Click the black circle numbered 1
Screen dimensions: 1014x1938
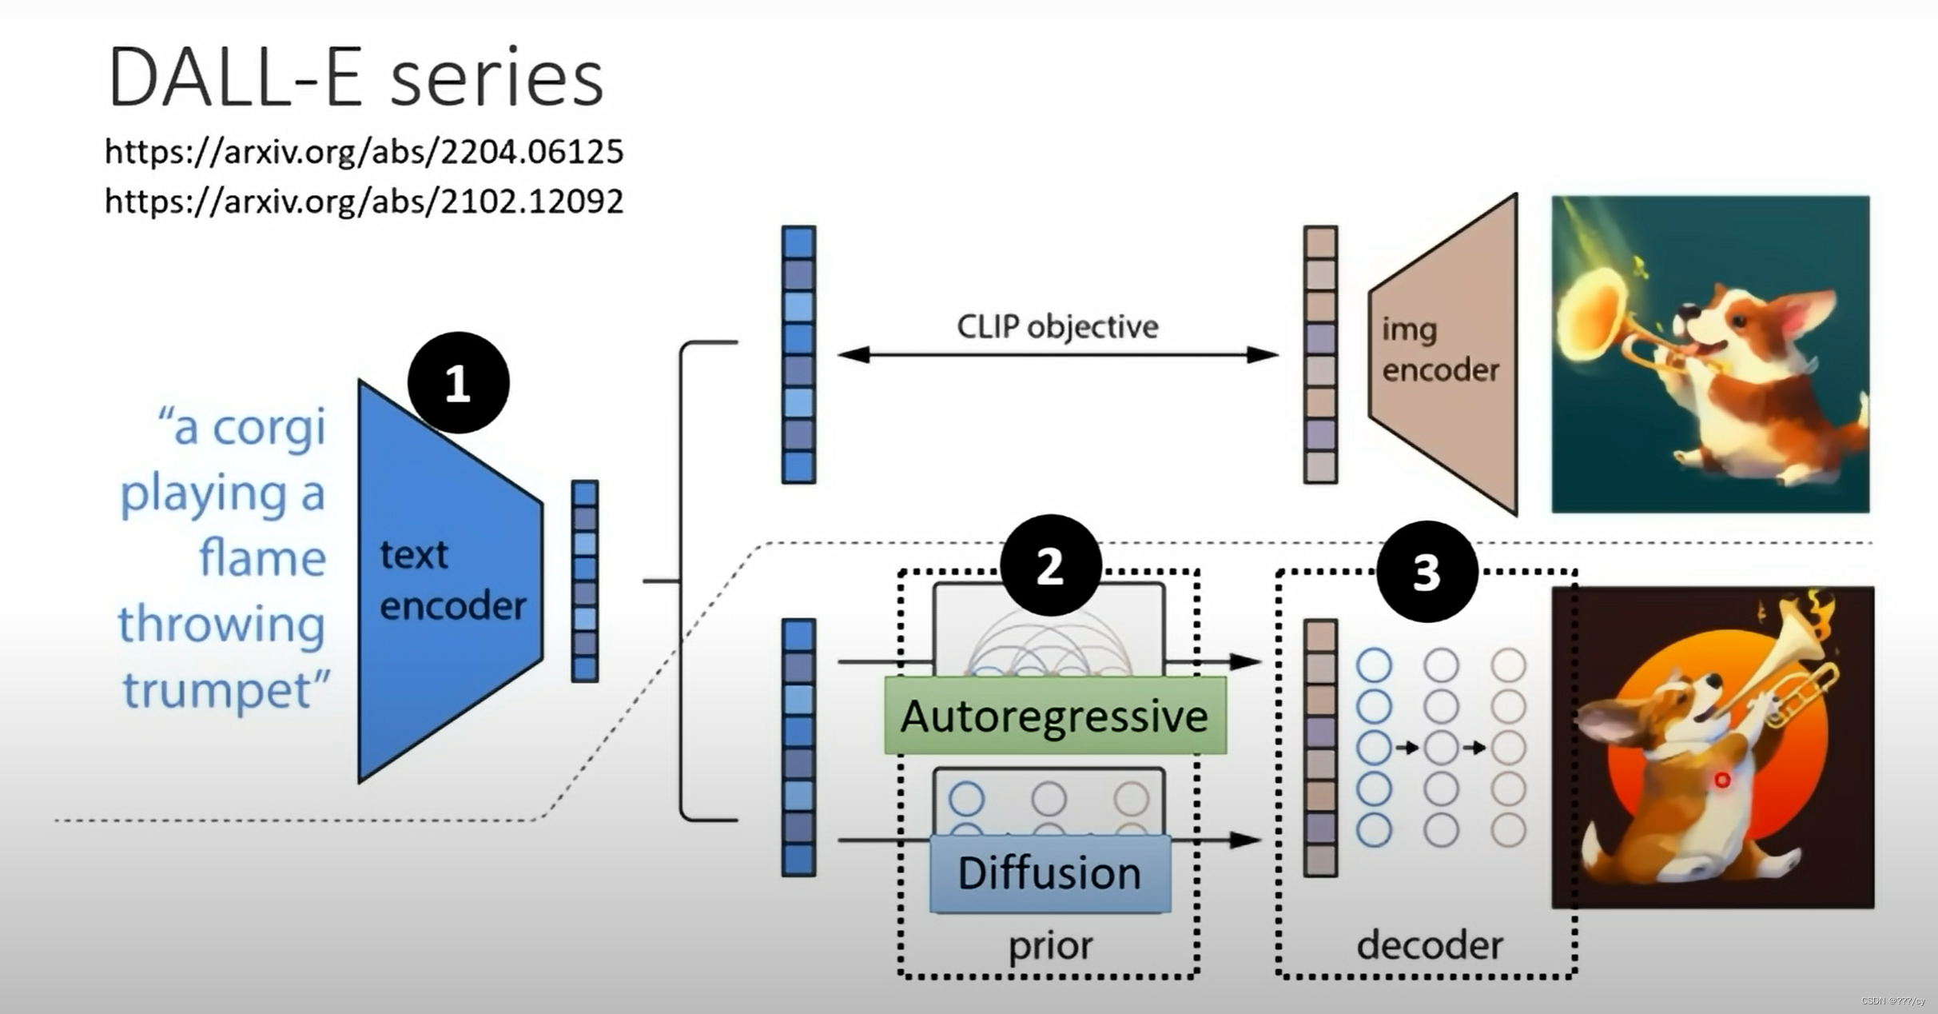pyautogui.click(x=458, y=383)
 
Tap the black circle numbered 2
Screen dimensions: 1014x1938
pyautogui.click(x=1050, y=565)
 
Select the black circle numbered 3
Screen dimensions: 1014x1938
pyautogui.click(x=1427, y=572)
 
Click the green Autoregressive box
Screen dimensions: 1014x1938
pyautogui.click(x=1055, y=716)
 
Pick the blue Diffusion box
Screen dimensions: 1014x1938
pyautogui.click(x=1050, y=873)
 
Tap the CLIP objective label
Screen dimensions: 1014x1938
pyautogui.click(x=1057, y=326)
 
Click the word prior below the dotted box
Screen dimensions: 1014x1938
pyautogui.click(x=1050, y=946)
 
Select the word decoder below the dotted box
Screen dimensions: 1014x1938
pyautogui.click(x=1430, y=946)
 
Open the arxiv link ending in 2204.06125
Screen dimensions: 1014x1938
pyautogui.click(x=364, y=151)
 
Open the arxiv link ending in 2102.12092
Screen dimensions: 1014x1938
pyautogui.click(x=364, y=201)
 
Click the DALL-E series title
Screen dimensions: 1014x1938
pyautogui.click(x=356, y=78)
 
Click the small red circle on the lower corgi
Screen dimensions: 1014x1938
pyautogui.click(x=1722, y=780)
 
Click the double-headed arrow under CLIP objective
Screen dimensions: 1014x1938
pyautogui.click(x=1057, y=354)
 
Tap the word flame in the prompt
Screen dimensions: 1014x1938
pyautogui.click(x=262, y=557)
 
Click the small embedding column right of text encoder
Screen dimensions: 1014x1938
pyautogui.click(x=584, y=581)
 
